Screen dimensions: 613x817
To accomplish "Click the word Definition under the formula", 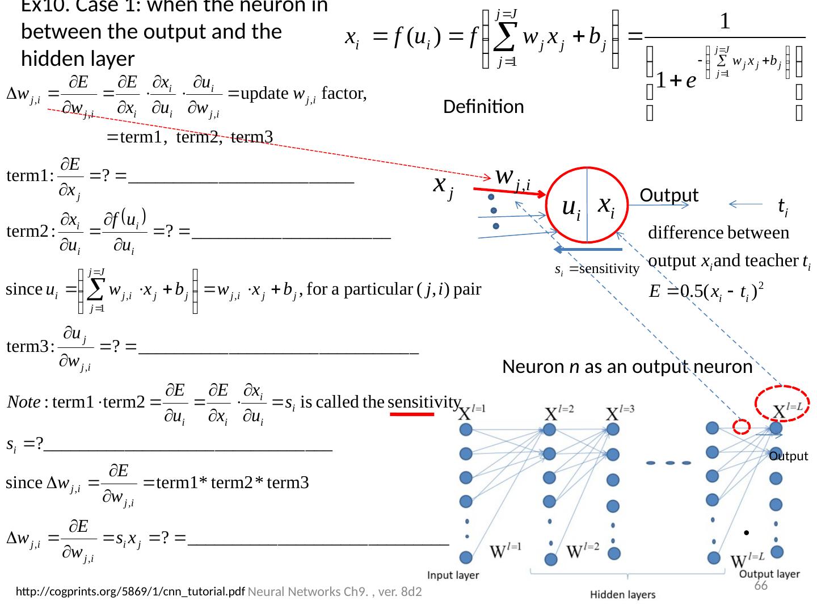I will [x=483, y=107].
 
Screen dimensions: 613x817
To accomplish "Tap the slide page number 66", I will [x=761, y=586].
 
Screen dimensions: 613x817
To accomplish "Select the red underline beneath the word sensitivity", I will [x=412, y=414].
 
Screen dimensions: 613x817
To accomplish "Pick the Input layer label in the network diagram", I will [x=453, y=575].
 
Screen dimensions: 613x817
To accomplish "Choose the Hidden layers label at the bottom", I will [x=622, y=595].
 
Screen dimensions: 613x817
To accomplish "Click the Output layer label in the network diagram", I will [x=769, y=574].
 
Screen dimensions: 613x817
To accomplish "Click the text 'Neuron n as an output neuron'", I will [x=627, y=367].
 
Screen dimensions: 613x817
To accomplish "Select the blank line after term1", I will [x=242, y=180].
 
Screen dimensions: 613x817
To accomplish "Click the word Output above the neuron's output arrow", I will [x=669, y=195].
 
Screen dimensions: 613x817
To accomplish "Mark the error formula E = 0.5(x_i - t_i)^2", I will [x=706, y=291].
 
